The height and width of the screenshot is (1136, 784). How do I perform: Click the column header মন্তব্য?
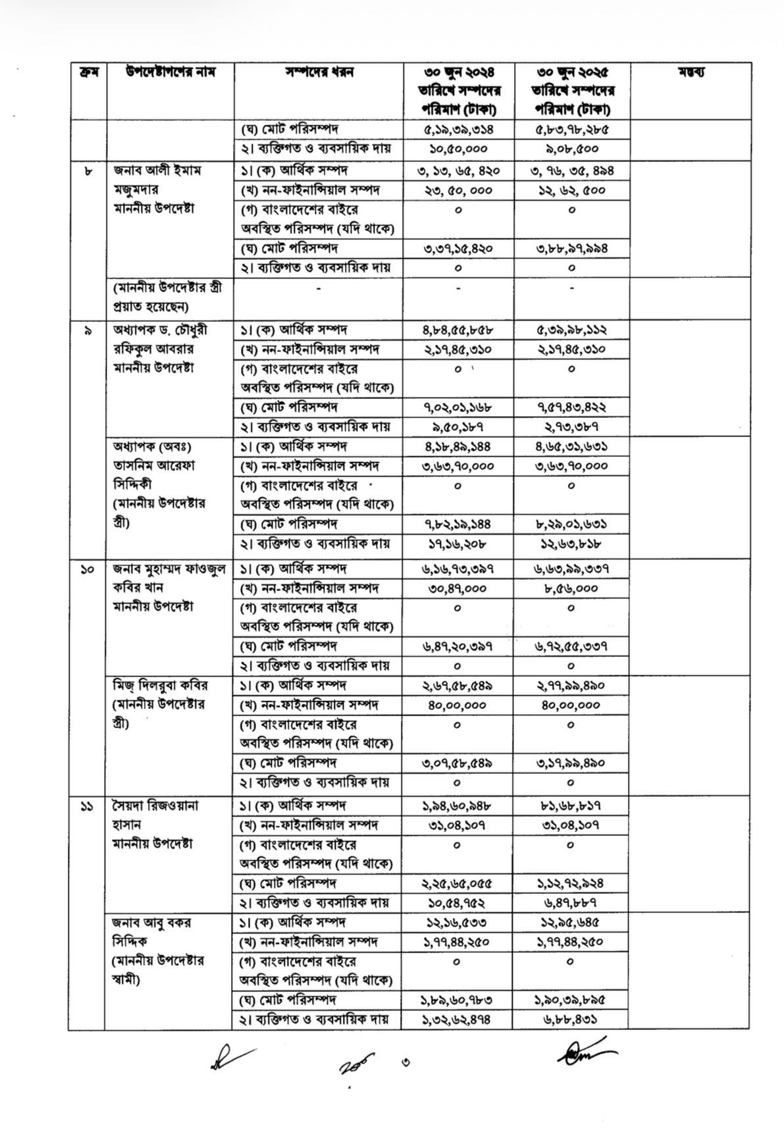[x=691, y=72]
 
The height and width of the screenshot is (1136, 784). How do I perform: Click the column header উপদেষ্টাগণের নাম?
[x=170, y=72]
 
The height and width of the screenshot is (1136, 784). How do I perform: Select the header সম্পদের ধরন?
[x=319, y=72]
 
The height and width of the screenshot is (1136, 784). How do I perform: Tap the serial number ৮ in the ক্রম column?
[x=88, y=171]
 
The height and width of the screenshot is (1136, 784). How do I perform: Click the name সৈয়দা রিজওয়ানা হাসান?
[x=156, y=815]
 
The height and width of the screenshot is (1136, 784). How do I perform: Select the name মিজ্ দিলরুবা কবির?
[x=160, y=685]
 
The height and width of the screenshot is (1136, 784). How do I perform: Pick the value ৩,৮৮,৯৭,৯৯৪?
[x=571, y=249]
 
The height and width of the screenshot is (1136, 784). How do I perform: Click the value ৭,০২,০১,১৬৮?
[x=458, y=407]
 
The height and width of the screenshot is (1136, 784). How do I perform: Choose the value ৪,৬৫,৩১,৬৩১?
[x=571, y=447]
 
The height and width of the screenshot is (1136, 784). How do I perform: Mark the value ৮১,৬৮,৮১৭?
[x=571, y=806]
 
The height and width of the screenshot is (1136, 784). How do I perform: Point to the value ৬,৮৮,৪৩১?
[x=571, y=1020]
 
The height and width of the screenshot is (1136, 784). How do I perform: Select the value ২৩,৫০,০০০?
[x=458, y=191]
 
